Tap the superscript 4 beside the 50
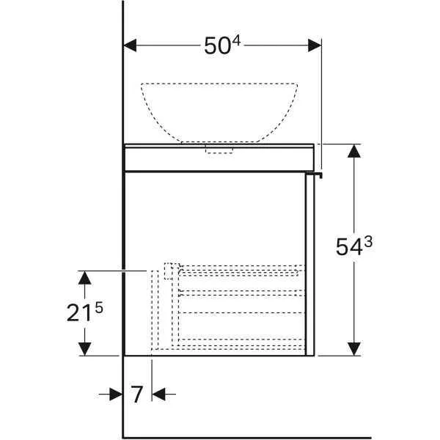click(237, 40)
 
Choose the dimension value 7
click(137, 395)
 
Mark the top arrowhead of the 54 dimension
click(354, 152)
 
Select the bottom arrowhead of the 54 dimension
click(354, 348)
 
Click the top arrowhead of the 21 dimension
click(85, 277)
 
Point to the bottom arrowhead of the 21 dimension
click(85, 348)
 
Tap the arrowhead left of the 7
click(116, 395)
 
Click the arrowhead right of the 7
click(159, 395)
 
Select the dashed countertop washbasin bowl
click(219, 110)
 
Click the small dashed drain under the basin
click(219, 149)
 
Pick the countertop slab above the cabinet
click(220, 158)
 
